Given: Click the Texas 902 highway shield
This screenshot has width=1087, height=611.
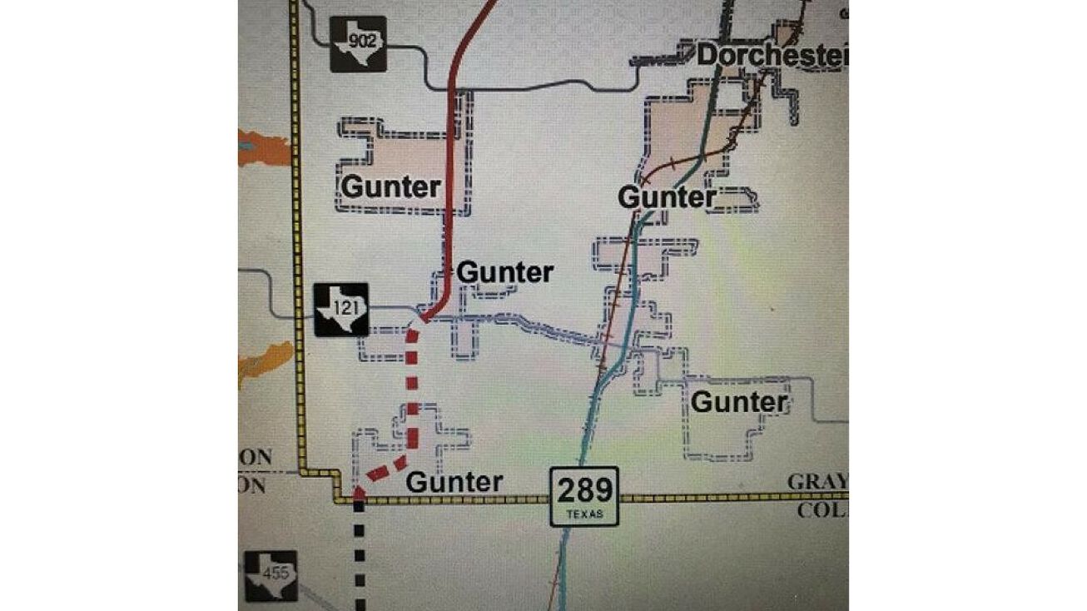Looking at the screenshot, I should (357, 43).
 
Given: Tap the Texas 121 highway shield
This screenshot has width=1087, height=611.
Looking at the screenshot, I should (340, 310).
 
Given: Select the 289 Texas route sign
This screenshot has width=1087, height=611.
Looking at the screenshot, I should (584, 496).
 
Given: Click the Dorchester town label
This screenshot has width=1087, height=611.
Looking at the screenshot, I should (771, 56).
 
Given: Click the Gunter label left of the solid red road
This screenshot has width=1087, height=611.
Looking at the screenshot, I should (390, 186).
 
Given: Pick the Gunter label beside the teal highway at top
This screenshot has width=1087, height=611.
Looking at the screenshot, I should (667, 198).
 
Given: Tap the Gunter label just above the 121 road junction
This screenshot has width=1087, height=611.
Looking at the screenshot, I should (504, 272).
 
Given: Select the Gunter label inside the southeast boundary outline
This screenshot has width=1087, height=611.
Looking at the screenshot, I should (739, 403).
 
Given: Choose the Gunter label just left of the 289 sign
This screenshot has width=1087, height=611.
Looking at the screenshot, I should (454, 482).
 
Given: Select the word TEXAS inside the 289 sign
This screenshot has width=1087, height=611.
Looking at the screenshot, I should (584, 514).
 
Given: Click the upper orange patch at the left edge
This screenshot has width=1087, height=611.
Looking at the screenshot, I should (264, 147).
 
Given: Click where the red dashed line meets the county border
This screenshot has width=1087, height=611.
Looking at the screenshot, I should (358, 494).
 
